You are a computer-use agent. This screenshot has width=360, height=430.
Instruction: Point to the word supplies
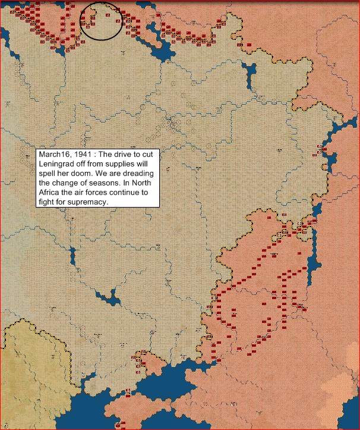[x=124, y=163]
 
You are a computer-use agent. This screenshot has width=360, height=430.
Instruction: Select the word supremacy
[x=89, y=203]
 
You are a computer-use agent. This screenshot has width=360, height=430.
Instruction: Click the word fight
[x=47, y=203]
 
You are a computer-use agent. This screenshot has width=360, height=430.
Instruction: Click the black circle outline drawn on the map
[x=81, y=20]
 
